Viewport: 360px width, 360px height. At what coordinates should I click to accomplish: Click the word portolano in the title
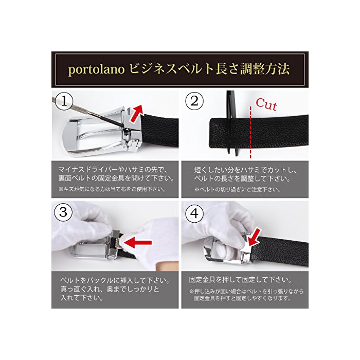click(97, 69)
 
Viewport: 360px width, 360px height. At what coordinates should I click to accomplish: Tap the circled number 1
click(64, 101)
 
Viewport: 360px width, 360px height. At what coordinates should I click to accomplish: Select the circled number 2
click(194, 101)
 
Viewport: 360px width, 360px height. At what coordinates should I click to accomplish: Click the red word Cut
click(266, 104)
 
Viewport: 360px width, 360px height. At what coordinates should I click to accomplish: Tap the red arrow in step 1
click(137, 114)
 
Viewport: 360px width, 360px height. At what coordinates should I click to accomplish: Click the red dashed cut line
click(250, 132)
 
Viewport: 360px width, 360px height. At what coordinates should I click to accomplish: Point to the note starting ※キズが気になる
click(112, 189)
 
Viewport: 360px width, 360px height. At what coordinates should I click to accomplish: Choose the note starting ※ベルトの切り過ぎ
click(237, 190)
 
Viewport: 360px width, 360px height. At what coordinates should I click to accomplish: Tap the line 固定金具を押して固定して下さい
click(240, 280)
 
